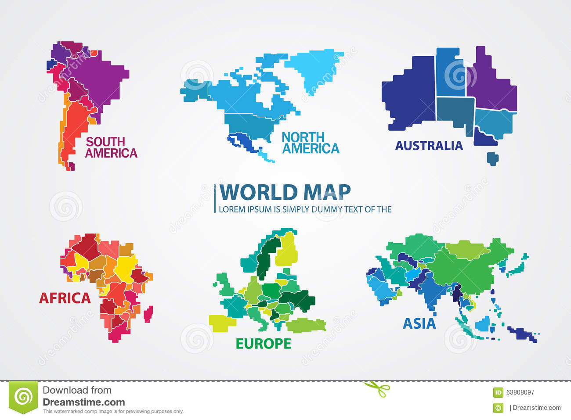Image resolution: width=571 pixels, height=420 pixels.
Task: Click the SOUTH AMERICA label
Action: tap(111, 147)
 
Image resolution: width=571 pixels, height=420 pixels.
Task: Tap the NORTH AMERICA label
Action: tap(310, 143)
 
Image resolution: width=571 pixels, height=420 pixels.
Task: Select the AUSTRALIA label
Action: tap(429, 146)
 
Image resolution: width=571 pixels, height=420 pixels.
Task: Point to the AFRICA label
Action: tap(65, 298)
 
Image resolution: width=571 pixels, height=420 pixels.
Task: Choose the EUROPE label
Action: tap(264, 343)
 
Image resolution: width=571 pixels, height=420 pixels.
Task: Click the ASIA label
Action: tap(419, 323)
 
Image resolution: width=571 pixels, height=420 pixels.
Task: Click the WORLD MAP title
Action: tap(285, 192)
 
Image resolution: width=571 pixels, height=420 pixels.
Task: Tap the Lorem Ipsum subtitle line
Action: tap(305, 209)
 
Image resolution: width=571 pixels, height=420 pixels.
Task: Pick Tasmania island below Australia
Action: tap(493, 158)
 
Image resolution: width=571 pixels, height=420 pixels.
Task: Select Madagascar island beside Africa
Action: tap(148, 313)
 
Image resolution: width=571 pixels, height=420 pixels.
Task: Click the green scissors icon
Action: tap(377, 388)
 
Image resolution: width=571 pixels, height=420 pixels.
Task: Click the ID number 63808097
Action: tap(520, 392)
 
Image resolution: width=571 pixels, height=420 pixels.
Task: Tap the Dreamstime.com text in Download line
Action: tap(84, 402)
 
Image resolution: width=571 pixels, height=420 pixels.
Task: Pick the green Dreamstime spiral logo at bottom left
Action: tap(23, 397)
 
